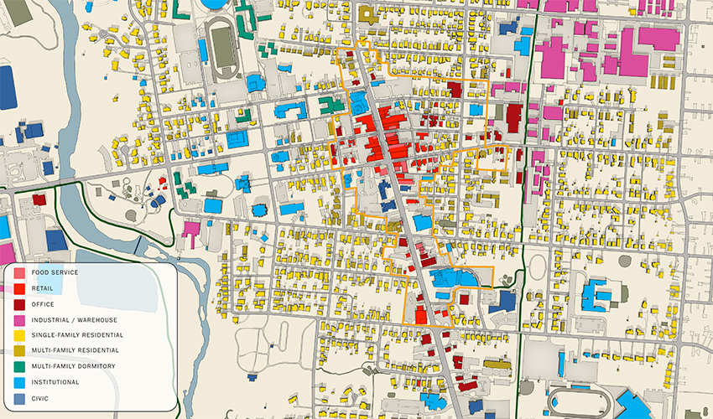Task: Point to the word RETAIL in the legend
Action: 43,288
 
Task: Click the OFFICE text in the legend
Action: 43,304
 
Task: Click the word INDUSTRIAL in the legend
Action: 52,319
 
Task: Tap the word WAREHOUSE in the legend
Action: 98,319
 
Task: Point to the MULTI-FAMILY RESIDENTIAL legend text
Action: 75,350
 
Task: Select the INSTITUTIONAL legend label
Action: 55,382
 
